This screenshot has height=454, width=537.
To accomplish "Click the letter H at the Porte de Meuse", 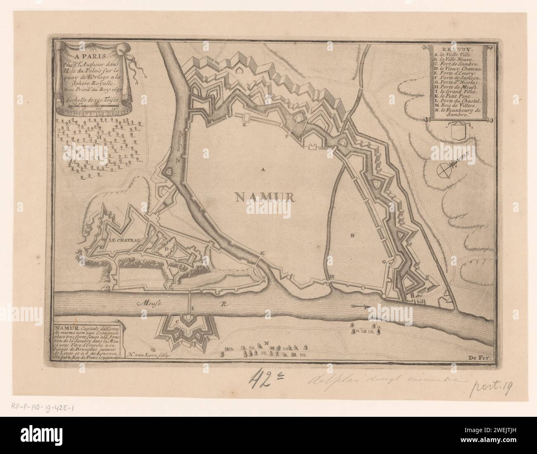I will pos(331,276).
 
